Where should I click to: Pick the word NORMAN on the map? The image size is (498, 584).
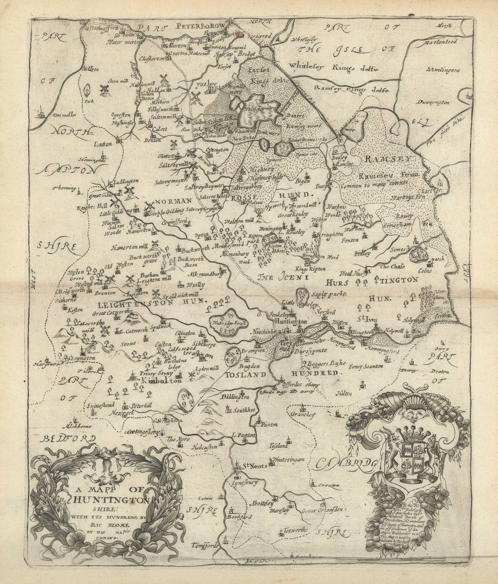pos(173,201)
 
